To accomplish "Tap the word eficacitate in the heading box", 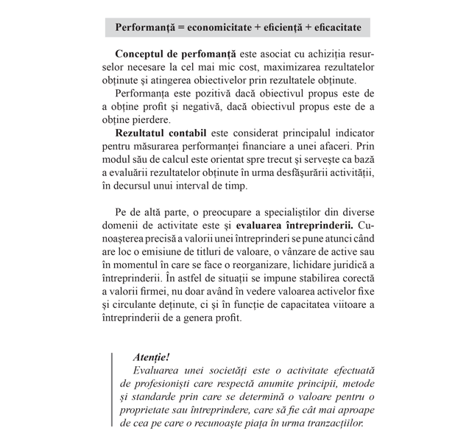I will click(331, 27).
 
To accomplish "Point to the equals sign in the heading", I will click(181, 27).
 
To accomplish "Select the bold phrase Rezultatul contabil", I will click(161, 133).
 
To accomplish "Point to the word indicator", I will click(352, 133).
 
